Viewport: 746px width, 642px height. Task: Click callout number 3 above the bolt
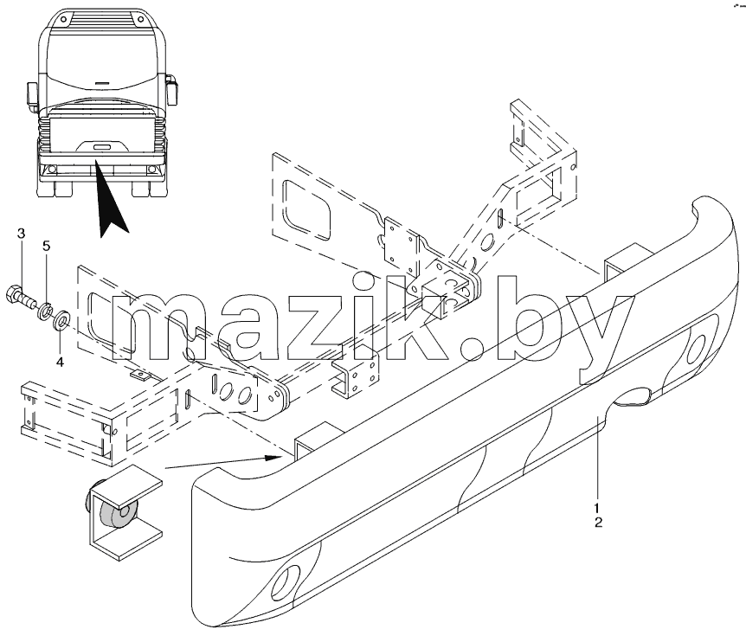pyautogui.click(x=21, y=234)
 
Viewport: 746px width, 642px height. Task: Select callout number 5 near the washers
pyautogui.click(x=46, y=246)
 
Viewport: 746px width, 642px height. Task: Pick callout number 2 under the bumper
pyautogui.click(x=598, y=522)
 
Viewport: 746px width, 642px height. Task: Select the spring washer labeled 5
pyautogui.click(x=45, y=310)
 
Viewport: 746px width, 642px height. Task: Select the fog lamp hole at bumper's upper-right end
pyautogui.click(x=698, y=347)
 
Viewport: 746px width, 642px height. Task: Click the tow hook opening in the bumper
pyautogui.click(x=632, y=397)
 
